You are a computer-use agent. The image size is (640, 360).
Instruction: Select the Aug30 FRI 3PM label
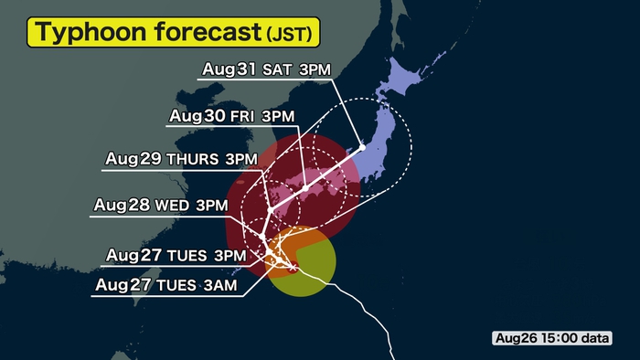click(231, 117)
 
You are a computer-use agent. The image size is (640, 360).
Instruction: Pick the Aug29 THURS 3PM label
click(182, 159)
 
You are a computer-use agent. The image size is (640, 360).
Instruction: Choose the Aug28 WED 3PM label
click(160, 206)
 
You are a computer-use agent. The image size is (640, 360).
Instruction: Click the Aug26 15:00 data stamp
click(551, 338)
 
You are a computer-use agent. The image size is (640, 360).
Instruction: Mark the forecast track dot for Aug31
click(363, 146)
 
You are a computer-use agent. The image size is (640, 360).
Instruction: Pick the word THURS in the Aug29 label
click(193, 159)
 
